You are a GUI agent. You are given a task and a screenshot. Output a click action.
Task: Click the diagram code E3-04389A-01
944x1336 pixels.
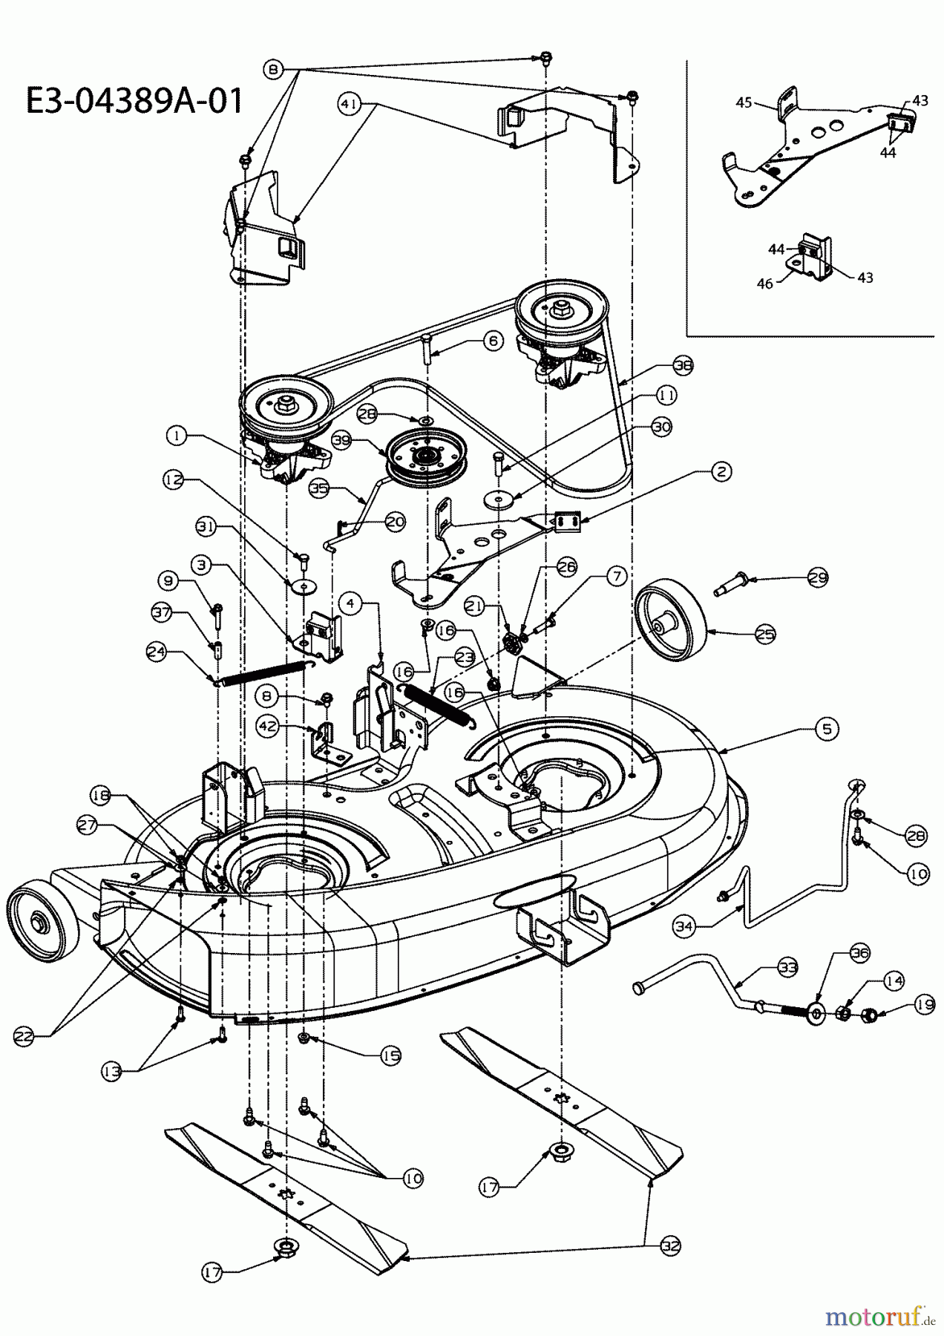point(134,101)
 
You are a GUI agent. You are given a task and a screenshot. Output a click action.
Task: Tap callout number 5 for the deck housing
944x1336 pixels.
point(827,729)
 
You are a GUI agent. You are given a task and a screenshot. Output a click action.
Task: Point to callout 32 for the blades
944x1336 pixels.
point(670,1246)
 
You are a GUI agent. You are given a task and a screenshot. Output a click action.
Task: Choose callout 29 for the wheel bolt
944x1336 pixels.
point(818,577)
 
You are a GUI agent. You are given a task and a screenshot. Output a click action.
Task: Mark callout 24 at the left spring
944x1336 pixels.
point(156,653)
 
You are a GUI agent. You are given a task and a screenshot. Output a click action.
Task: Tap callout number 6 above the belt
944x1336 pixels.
point(494,341)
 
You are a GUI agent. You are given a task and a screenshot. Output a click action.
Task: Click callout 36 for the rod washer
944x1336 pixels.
point(859,952)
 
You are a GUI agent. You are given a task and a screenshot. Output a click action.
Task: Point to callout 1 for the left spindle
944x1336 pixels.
point(177,437)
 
